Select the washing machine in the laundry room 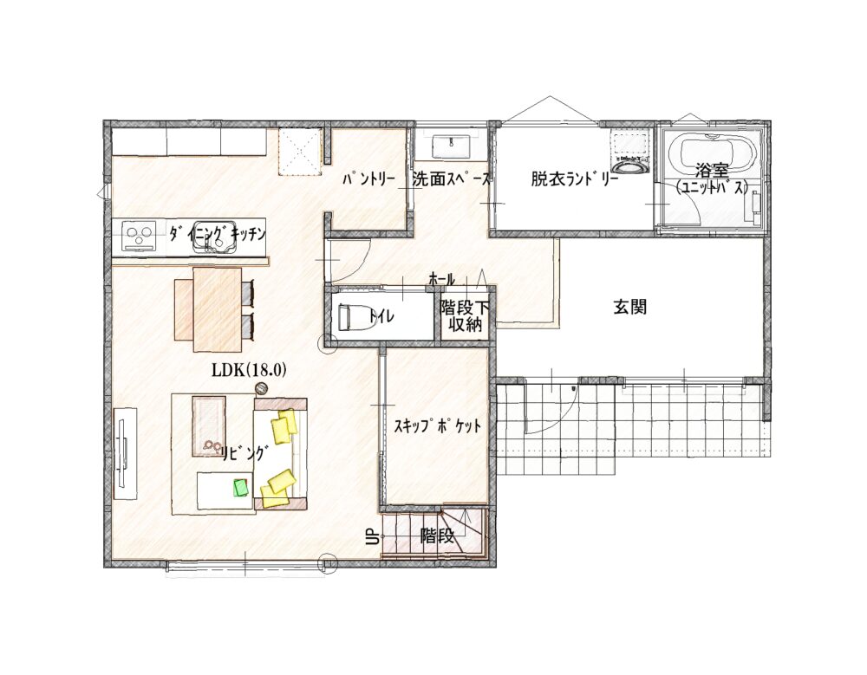click(x=631, y=152)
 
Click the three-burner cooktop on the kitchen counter click(x=138, y=237)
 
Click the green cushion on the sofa click(x=241, y=488)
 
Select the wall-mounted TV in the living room click(x=124, y=454)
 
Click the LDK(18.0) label click(x=249, y=370)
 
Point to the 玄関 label click(x=630, y=307)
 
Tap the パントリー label click(x=368, y=179)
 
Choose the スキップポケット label click(x=437, y=426)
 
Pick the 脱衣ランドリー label click(x=575, y=179)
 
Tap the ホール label click(x=442, y=280)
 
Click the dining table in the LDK click(x=218, y=309)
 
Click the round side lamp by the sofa click(x=262, y=389)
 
